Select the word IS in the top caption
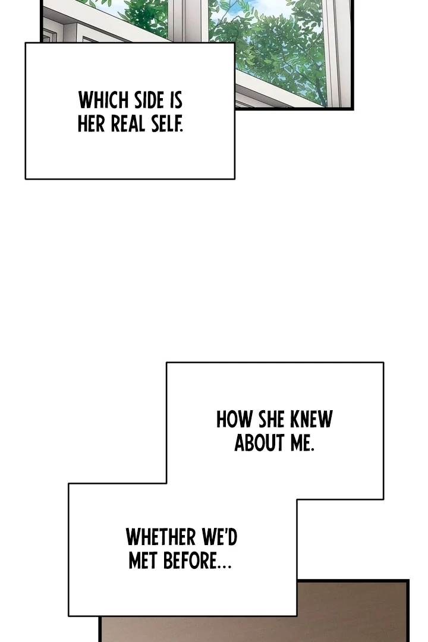pyautogui.click(x=176, y=100)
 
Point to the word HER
pyautogui.click(x=92, y=123)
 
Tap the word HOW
pyautogui.click(x=234, y=419)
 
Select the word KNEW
pyautogui.click(x=311, y=419)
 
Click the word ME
pyautogui.click(x=301, y=443)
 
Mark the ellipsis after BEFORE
pyautogui.click(x=225, y=567)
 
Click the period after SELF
pyautogui.click(x=181, y=131)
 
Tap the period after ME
pyautogui.click(x=313, y=450)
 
